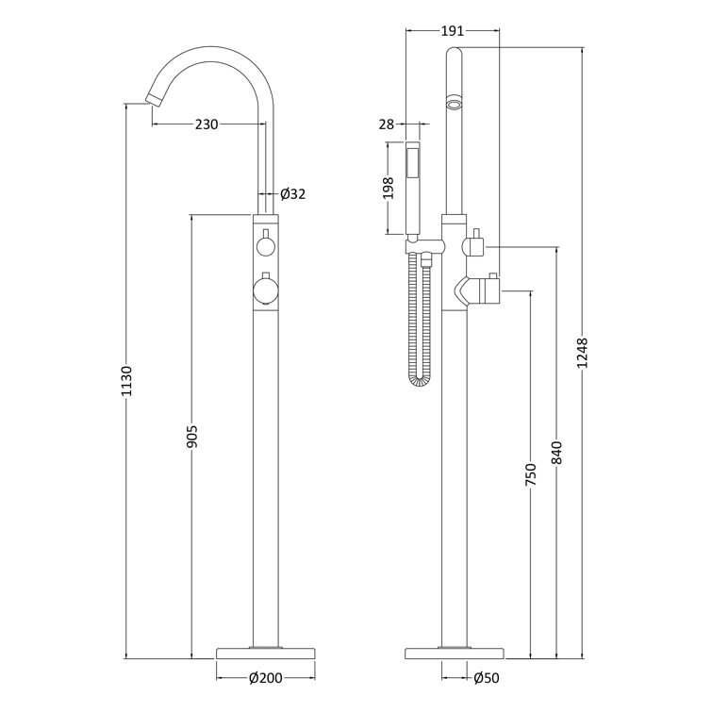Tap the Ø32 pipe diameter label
coord(293,194)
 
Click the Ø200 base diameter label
coord(267,676)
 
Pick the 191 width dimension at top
coord(453,31)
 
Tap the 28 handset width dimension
coord(387,124)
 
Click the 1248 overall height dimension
coord(582,354)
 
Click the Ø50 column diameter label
coord(486,676)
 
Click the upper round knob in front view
coord(266,248)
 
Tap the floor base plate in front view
coord(266,652)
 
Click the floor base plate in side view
coord(455,652)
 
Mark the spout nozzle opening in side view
coord(455,104)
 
